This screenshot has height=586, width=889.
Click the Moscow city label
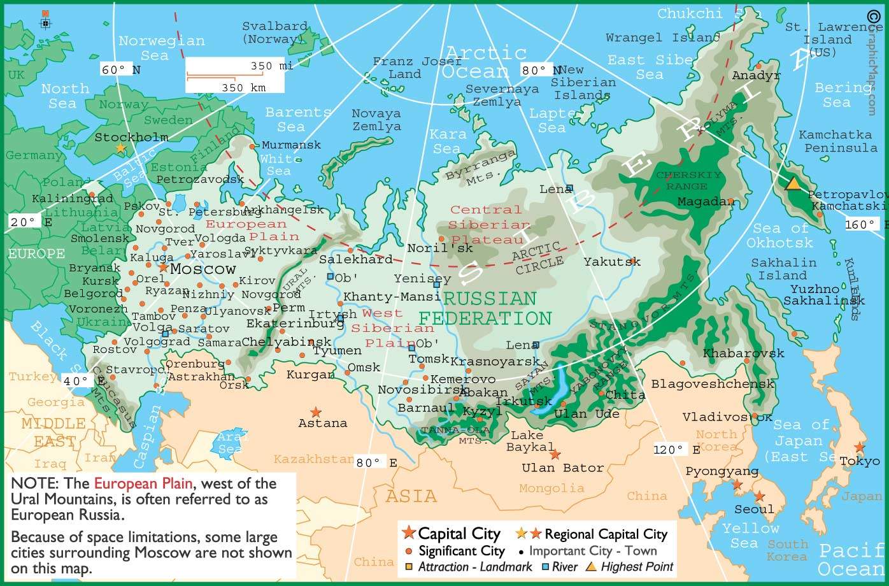(203, 269)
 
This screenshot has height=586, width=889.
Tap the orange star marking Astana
(315, 413)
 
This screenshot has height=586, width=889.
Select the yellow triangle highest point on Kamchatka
(793, 183)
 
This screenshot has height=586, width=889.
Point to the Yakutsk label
(611, 262)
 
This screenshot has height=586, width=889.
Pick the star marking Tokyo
(860, 448)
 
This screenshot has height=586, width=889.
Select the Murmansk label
(283, 145)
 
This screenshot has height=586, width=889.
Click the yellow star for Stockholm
(120, 148)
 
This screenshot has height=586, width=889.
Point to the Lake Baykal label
(530, 441)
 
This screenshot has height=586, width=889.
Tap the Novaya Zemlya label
(376, 120)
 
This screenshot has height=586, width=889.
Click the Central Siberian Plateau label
(488, 224)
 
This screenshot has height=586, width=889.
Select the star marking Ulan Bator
(555, 454)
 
